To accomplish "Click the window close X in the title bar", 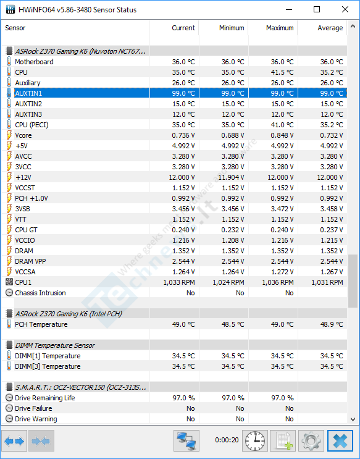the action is point(345,9).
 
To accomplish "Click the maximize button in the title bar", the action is point(317,9).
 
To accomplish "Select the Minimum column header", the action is point(232,28).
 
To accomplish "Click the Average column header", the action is point(330,28).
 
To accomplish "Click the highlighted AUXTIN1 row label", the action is point(28,93).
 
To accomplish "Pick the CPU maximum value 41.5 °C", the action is point(282,72).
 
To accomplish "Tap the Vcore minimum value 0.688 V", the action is point(233,135).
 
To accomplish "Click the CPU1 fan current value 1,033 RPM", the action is point(179,282).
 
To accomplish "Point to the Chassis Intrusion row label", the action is point(40,293).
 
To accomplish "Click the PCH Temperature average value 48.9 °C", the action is point(332,324).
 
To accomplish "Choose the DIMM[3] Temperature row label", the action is point(48,366).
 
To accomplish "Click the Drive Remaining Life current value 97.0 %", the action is point(183,398).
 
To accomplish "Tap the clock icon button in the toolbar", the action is point(255,440).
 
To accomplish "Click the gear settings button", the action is point(311,440).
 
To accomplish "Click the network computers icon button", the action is point(186,440).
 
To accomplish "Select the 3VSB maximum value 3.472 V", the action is point(282,209).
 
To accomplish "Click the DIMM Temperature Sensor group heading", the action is point(55,345).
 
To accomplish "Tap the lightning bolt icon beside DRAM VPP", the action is point(9,261).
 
